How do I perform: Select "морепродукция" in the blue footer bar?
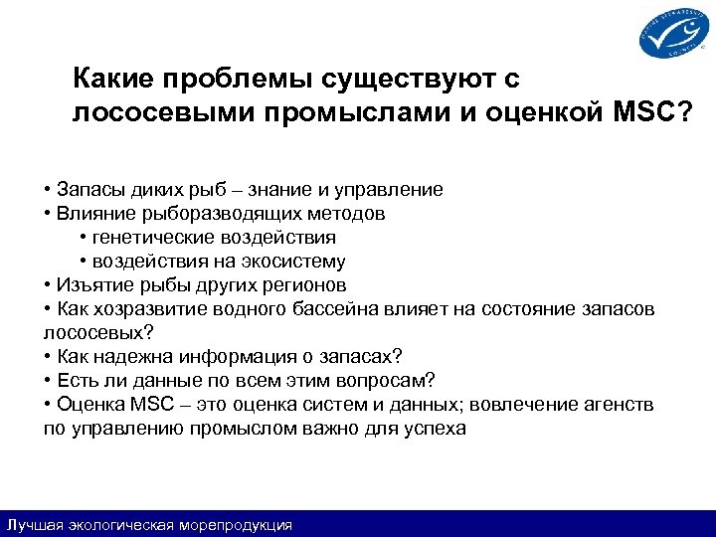pyautogui.click(x=235, y=525)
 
